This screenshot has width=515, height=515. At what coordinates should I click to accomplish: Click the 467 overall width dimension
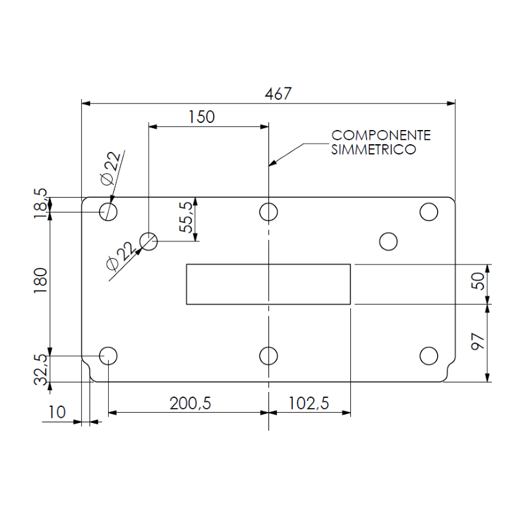(x=278, y=93)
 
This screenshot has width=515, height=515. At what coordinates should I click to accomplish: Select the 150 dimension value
(x=201, y=117)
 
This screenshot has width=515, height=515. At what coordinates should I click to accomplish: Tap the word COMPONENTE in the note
(x=381, y=135)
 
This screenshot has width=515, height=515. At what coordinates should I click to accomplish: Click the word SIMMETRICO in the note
(x=373, y=149)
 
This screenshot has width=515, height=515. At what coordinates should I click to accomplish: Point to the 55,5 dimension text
(x=185, y=217)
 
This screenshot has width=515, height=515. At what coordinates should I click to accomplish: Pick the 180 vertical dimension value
(x=41, y=281)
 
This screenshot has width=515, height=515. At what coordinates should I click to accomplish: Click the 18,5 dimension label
(x=41, y=203)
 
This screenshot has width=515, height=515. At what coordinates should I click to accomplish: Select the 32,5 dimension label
(x=41, y=370)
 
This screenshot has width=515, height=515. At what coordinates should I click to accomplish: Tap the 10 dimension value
(x=57, y=412)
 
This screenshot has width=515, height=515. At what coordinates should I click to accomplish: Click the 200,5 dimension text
(x=190, y=404)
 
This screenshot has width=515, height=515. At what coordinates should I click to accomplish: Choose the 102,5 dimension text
(x=309, y=404)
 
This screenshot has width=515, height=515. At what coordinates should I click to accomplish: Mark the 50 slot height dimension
(x=478, y=281)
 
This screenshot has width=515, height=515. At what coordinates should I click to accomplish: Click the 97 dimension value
(x=478, y=342)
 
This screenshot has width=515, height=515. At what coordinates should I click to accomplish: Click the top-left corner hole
(x=108, y=212)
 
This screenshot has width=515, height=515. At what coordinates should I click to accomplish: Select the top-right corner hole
(x=429, y=212)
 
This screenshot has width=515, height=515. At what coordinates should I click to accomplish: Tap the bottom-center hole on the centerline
(x=268, y=356)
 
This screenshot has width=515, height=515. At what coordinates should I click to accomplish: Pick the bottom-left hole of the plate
(x=108, y=356)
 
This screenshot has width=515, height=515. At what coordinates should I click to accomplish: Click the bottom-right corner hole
(x=429, y=356)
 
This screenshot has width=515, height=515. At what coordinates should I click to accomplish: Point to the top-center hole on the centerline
(x=268, y=212)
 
